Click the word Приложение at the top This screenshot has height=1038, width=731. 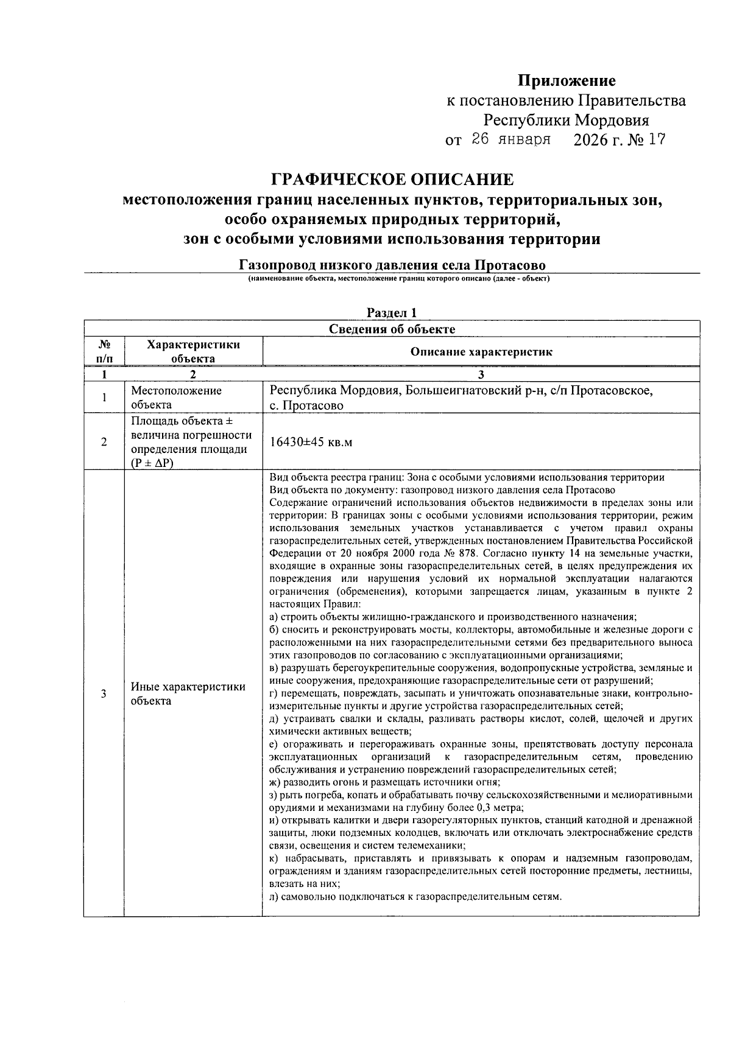point(567,80)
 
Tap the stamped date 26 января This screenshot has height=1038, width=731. point(511,139)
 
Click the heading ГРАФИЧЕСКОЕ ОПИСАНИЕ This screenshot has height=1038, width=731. point(392,180)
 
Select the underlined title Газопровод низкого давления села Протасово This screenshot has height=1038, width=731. point(392,265)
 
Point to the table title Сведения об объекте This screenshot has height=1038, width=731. point(392,329)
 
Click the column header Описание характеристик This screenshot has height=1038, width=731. point(481,352)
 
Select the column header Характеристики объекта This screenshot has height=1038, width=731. point(193,351)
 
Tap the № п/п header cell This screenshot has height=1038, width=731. point(104,351)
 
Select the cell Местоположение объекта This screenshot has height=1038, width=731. point(177,398)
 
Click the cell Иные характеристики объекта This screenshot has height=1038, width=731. point(188,693)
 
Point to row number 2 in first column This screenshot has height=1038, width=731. point(104,443)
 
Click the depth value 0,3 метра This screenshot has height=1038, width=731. point(500,808)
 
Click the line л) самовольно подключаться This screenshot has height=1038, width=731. point(415,897)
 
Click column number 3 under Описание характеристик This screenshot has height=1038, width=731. point(481,375)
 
